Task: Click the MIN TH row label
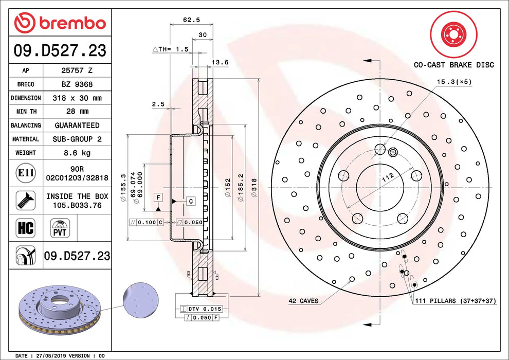[26, 112]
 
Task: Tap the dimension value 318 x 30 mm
[77, 98]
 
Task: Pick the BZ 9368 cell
[77, 84]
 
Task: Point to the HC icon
[26, 228]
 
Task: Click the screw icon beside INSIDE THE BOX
[26, 200]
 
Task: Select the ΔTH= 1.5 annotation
[171, 49]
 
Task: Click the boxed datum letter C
[190, 201]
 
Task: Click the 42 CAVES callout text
[303, 301]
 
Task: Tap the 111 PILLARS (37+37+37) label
[455, 301]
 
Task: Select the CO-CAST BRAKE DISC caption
[453, 65]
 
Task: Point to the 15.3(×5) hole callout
[454, 82]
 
